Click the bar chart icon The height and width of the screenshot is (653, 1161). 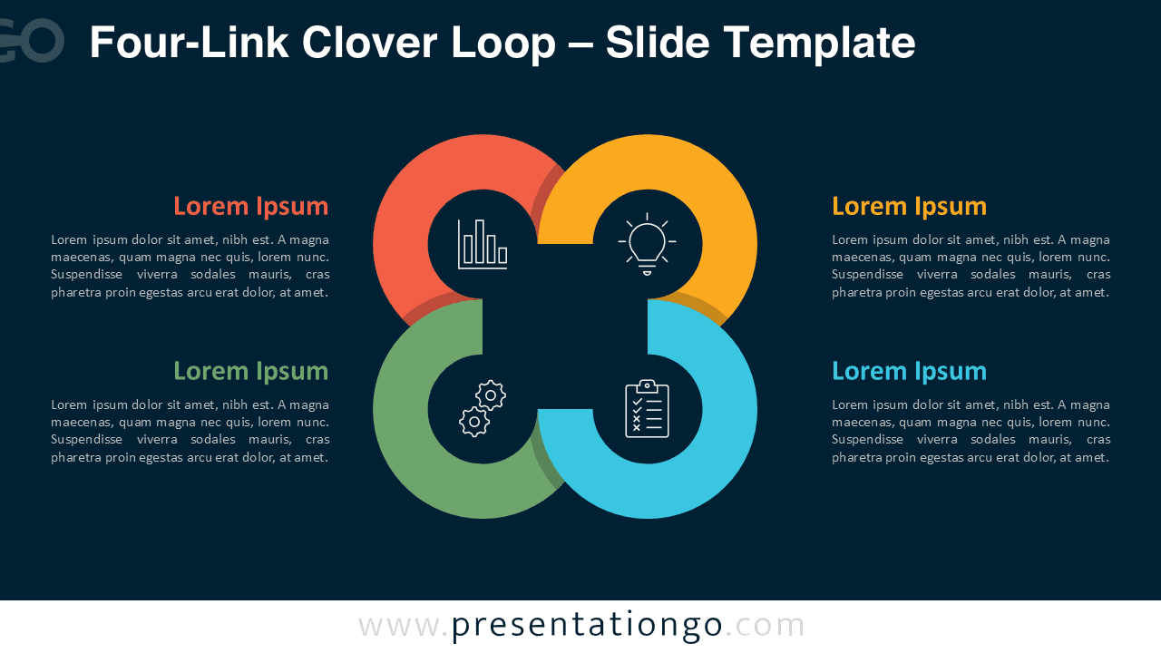point(483,244)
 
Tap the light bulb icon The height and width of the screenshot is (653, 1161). point(647,244)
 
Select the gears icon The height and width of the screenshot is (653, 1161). point(483,408)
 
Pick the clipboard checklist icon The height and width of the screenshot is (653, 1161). point(647,408)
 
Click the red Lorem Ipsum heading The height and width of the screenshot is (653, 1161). point(250,206)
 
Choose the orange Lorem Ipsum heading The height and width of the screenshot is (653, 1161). point(909,206)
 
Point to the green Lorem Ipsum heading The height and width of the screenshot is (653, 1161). point(250,371)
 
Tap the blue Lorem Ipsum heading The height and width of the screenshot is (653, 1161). point(909,371)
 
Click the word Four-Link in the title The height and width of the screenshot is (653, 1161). point(188,43)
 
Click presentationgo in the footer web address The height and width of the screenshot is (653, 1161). point(587,626)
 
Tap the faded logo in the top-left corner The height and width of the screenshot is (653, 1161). point(32,41)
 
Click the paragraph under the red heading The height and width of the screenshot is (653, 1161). point(190,266)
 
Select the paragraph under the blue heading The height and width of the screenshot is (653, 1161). point(971,431)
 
